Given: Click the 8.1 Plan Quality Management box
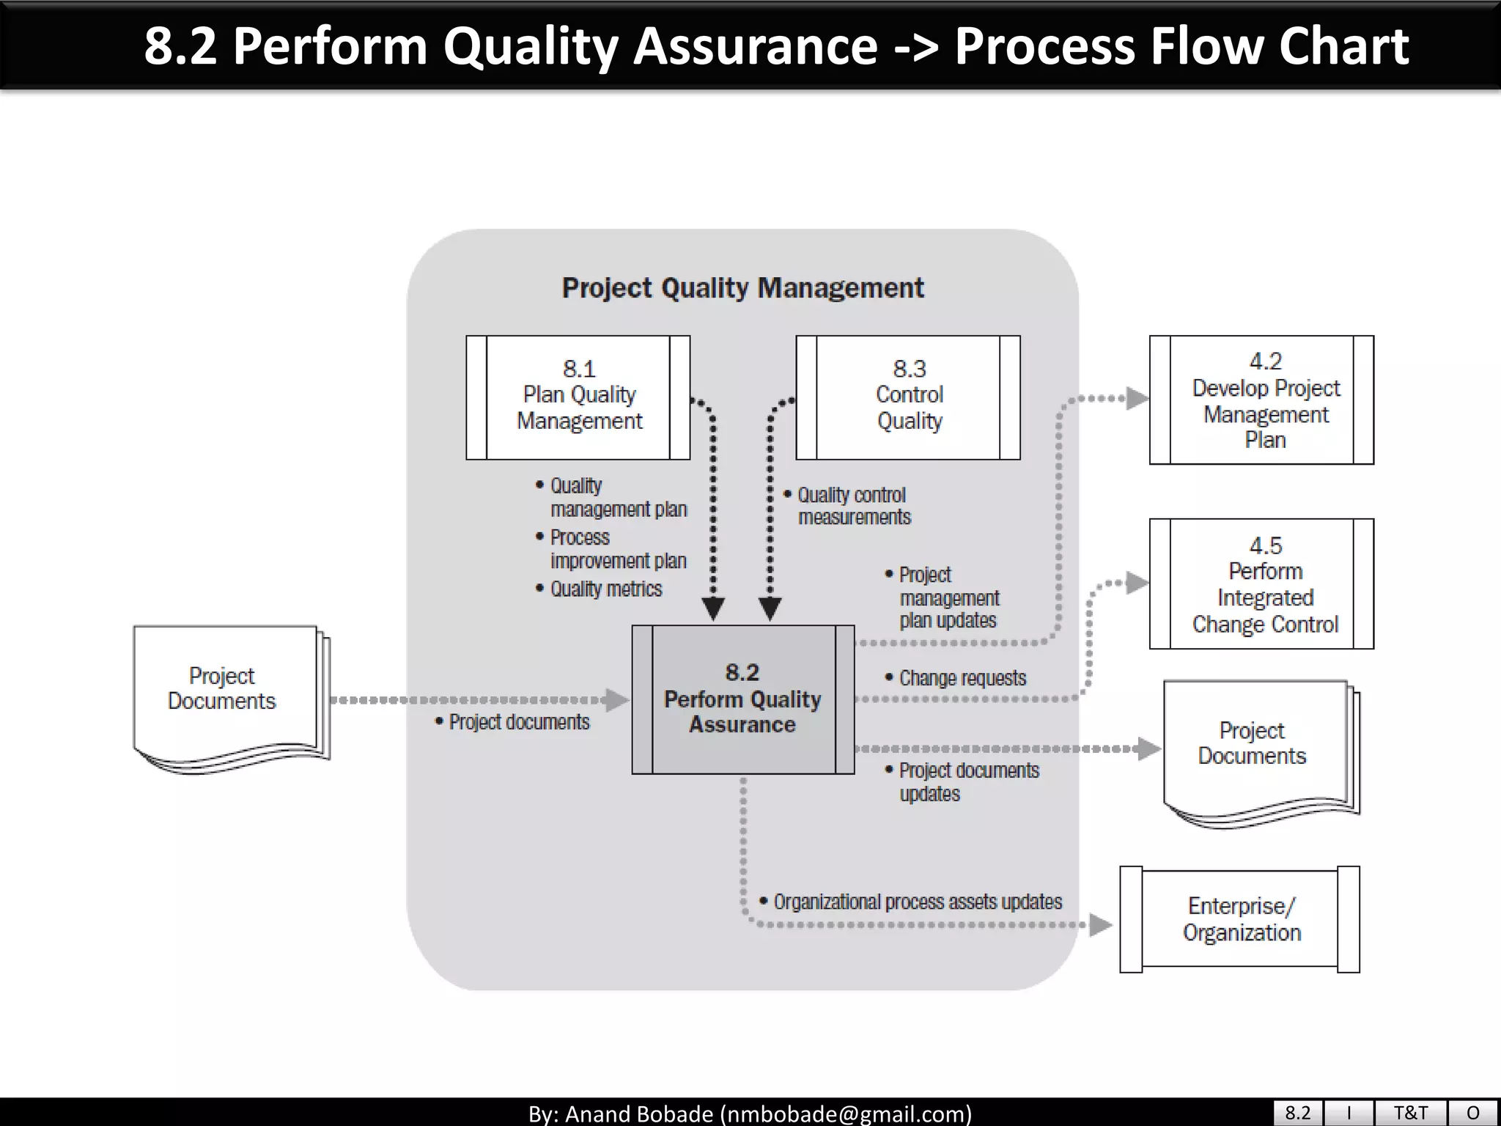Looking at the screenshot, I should click(578, 397).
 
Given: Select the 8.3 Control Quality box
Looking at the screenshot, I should click(908, 397).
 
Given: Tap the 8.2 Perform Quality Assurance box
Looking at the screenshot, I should click(742, 699).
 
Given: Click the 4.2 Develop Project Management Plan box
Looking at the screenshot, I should click(1261, 400).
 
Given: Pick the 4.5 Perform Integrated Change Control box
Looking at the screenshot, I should click(1261, 584).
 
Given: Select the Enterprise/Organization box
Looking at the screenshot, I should click(1240, 919).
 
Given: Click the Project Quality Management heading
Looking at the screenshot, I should click(742, 288).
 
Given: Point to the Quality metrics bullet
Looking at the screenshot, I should click(605, 589).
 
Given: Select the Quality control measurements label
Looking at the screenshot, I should click(852, 507).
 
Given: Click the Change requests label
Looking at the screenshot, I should click(962, 678).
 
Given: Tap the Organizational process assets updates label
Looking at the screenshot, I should click(917, 902).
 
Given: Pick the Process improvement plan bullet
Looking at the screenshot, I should click(617, 549).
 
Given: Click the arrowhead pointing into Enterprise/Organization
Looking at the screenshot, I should click(1101, 925).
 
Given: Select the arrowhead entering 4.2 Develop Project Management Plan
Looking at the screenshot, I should click(1137, 399).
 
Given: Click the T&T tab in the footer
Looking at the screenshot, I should click(1410, 1113).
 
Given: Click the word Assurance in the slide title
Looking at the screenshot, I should click(755, 46).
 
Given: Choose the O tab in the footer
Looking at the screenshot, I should click(1472, 1113).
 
